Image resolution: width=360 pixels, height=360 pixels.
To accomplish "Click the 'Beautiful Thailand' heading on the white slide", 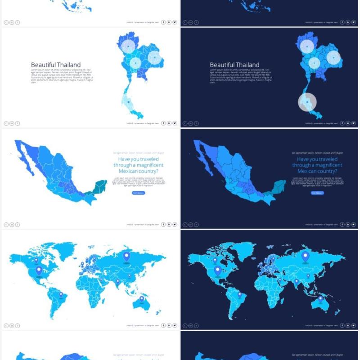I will tap(56, 65).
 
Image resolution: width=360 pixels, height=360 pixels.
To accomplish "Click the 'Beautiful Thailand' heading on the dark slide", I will tap(234, 65).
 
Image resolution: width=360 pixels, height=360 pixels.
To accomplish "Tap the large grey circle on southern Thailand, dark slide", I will tap(307, 102).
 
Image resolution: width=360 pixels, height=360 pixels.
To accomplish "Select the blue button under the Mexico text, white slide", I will tap(139, 193).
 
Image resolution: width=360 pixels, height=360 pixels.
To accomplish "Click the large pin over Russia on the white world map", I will tap(126, 256).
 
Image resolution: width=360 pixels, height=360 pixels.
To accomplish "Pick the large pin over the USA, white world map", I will tap(39, 270).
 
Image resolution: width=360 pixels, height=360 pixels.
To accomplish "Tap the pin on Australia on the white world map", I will tap(141, 298).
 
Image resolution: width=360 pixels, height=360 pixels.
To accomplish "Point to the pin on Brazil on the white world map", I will tap(61, 294).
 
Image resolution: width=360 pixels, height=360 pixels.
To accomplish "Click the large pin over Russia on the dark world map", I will tap(306, 256).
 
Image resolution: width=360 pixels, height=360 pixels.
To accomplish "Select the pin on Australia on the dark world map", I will tap(320, 298).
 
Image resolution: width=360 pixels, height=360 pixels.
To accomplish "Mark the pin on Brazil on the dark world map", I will tap(240, 294).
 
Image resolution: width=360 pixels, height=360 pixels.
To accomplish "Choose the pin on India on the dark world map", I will tap(297, 282).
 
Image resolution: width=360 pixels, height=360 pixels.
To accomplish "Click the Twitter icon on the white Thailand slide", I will tap(175, 123).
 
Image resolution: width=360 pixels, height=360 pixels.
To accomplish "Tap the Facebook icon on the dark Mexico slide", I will tap(342, 224).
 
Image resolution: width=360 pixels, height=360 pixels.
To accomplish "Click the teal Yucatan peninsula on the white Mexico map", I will tap(102, 185).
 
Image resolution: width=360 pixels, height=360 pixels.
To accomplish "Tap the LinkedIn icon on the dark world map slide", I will tap(348, 325).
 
